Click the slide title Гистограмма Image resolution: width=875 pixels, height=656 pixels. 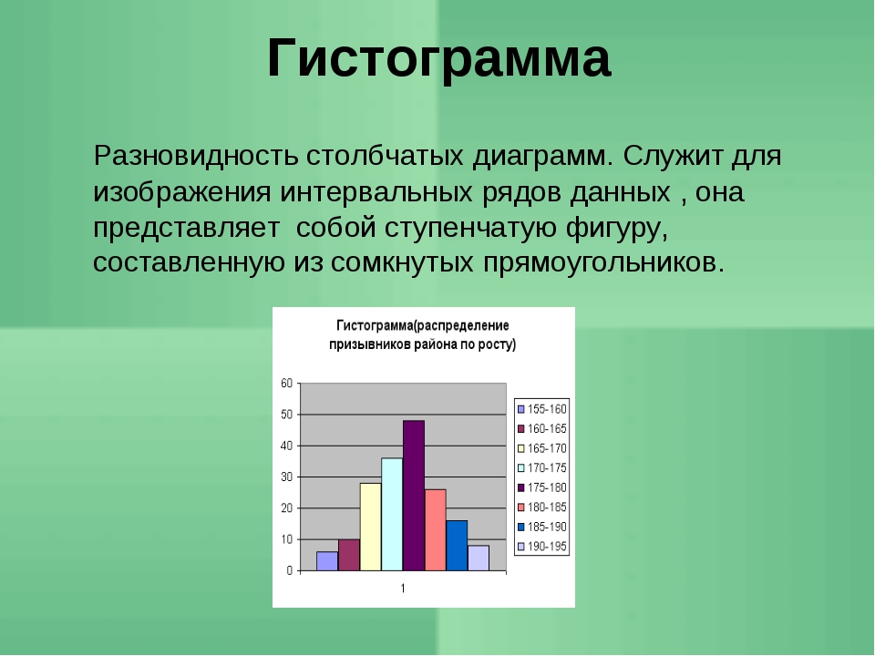pos(439,58)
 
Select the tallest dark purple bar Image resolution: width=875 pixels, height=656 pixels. pos(414,496)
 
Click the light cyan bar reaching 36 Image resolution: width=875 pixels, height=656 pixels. pos(392,514)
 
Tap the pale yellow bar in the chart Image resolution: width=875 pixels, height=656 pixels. pos(371,527)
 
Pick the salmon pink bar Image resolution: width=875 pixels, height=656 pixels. pos(436,530)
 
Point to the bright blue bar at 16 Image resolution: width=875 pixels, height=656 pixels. pos(457,546)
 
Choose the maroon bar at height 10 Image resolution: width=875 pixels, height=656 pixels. pos(349,555)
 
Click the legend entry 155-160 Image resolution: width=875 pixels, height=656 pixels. pos(541,409)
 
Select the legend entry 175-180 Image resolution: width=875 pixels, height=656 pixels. pos(541,487)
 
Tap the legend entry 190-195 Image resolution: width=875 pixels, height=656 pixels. pos(541,547)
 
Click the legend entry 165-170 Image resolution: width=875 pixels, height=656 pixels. pos(541,448)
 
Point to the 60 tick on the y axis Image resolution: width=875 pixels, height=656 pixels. pos(286,384)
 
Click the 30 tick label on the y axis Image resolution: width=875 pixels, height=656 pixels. pos(286,477)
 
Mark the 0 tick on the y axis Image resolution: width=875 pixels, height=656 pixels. pos(290,570)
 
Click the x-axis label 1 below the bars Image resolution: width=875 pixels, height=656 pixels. pos(403,588)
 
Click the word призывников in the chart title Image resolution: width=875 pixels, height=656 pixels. pos(370,344)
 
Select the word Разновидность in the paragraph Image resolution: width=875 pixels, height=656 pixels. pos(196,156)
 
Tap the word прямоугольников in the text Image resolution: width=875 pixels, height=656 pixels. pos(603,262)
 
